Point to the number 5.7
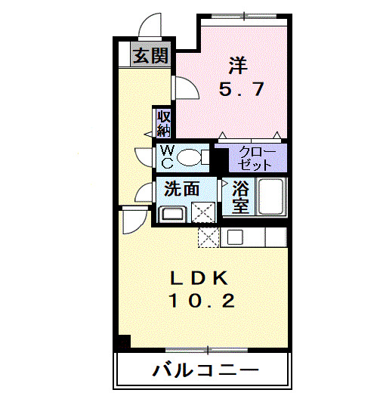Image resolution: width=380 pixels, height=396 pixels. pos(241,90)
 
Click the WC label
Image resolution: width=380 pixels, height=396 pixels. pos(166,156)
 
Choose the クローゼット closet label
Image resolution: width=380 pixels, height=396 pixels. pos(257,158)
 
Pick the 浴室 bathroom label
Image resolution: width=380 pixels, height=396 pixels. pos(240,196)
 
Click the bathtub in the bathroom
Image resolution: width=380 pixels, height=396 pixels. pos(270,197)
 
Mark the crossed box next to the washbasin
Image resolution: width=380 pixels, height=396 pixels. pos(202,213)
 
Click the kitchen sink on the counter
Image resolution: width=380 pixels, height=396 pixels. pos(233,237)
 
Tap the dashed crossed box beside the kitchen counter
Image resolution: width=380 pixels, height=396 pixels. pos(208,237)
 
